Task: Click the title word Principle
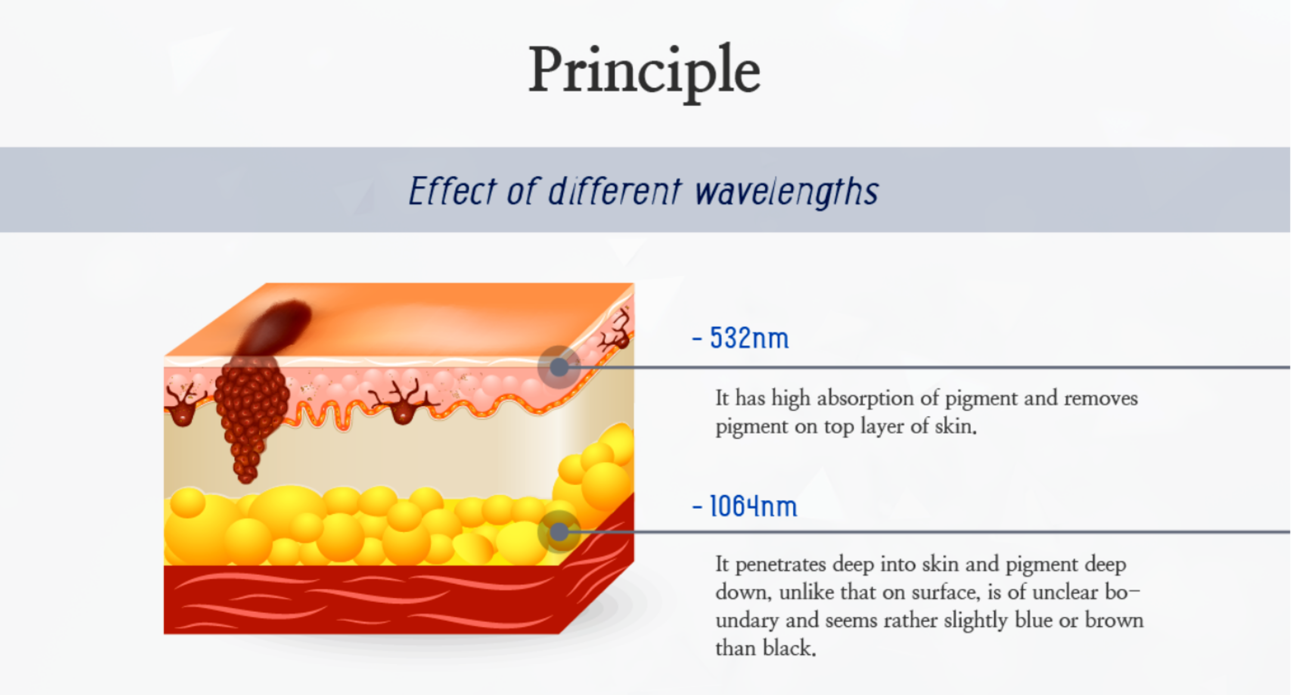click(x=645, y=73)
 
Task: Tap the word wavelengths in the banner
click(x=787, y=192)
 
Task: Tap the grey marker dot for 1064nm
click(x=559, y=531)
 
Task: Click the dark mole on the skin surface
click(x=274, y=329)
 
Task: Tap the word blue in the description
click(x=1033, y=620)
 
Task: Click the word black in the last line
click(x=789, y=648)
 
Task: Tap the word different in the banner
click(x=615, y=191)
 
